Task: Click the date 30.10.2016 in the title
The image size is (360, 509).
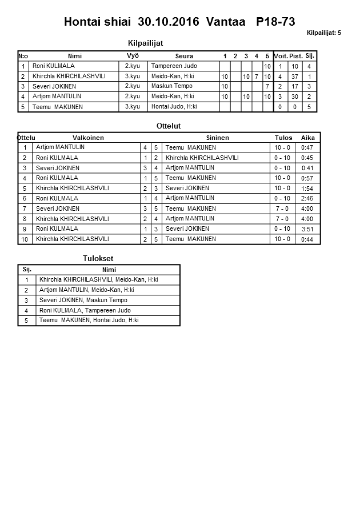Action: click(x=169, y=22)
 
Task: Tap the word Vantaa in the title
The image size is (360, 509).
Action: click(x=225, y=22)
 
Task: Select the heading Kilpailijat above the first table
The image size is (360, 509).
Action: click(x=147, y=43)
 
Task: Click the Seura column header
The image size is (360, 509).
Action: click(x=184, y=56)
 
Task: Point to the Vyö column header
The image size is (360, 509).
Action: click(x=133, y=55)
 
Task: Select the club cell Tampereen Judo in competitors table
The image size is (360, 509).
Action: click(x=174, y=66)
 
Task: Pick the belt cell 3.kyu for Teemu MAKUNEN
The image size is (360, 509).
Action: click(x=133, y=107)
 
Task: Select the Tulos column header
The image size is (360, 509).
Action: click(x=283, y=138)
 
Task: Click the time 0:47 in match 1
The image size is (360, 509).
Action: click(x=307, y=148)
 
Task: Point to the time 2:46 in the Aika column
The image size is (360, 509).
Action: click(x=307, y=198)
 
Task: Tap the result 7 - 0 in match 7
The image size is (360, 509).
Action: click(x=282, y=209)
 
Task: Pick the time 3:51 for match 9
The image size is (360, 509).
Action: click(x=307, y=229)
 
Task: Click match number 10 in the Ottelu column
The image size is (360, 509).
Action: click(x=25, y=239)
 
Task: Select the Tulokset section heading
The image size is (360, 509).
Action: click(x=98, y=259)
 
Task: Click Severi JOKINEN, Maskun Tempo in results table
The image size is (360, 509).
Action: click(x=83, y=300)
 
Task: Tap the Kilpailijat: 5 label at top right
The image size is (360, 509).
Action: click(x=323, y=33)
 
